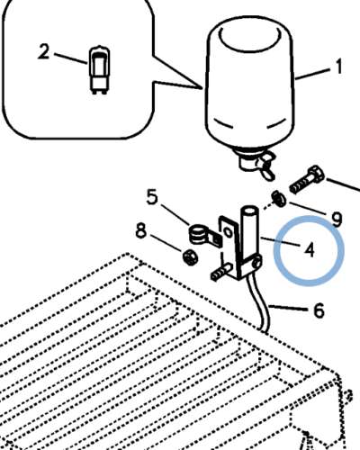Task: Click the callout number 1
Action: [x=338, y=67]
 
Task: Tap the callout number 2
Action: [x=44, y=51]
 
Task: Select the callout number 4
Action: [x=310, y=250]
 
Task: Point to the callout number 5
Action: [x=152, y=197]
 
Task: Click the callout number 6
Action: [x=319, y=310]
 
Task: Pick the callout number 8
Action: [x=141, y=231]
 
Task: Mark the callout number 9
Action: [x=337, y=219]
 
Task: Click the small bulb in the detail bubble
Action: [x=99, y=70]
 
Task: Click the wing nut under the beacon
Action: [x=266, y=166]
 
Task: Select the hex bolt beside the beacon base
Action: [x=307, y=179]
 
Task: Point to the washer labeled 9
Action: [x=279, y=199]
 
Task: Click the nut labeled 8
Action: [x=190, y=257]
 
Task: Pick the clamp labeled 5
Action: [x=204, y=235]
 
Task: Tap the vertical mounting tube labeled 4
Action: [x=249, y=237]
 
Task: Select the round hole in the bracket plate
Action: [x=228, y=232]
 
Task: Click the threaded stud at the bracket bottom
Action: [x=220, y=272]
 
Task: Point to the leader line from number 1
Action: [x=312, y=74]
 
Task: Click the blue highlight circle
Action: [x=309, y=217]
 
